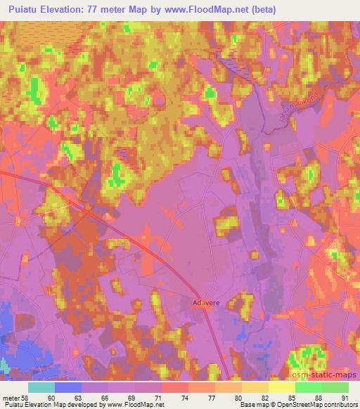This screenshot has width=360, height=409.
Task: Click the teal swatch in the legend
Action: [41, 387]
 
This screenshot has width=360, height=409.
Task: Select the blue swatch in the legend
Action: [68, 387]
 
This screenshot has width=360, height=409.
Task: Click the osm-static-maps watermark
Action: [324, 377]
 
